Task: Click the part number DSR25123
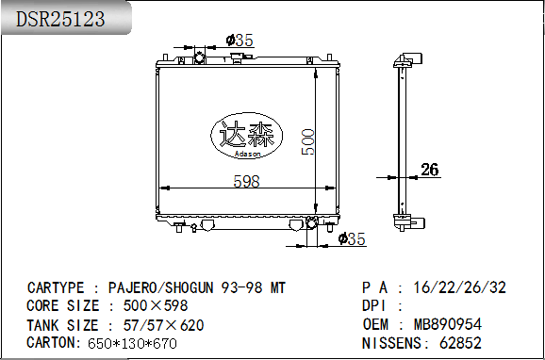coord(60,19)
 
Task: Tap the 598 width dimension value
coord(246,181)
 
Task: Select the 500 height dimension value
coord(308,141)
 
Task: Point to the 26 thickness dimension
coord(430,170)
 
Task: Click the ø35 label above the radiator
coord(239,41)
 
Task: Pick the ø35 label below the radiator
coord(352,239)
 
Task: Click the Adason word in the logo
coord(247,155)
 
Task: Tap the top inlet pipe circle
coord(199,57)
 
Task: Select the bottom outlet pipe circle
coord(311,222)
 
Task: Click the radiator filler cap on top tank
coord(239,57)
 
